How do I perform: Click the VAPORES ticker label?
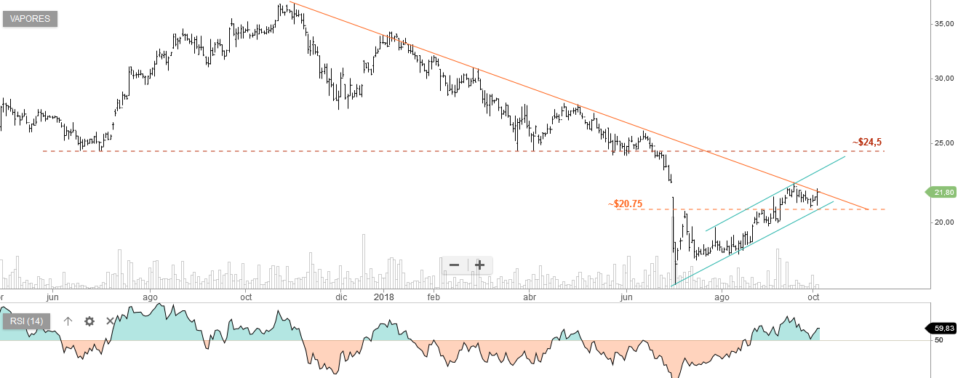[30, 19]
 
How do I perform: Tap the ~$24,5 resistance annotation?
[871, 142]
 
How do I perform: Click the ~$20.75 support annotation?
[625, 204]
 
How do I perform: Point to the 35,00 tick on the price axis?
[943, 24]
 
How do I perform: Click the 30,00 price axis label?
[943, 79]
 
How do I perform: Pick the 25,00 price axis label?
[943, 142]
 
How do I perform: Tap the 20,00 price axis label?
[943, 222]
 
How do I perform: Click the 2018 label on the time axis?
[383, 297]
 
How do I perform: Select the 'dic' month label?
[342, 297]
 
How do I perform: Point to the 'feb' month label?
[434, 297]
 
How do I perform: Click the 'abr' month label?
[530, 297]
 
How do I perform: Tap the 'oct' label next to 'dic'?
[246, 297]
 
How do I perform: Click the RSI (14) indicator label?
[26, 321]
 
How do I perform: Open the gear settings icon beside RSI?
[89, 321]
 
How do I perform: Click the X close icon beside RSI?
[111, 321]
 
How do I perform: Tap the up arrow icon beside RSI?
[68, 321]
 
